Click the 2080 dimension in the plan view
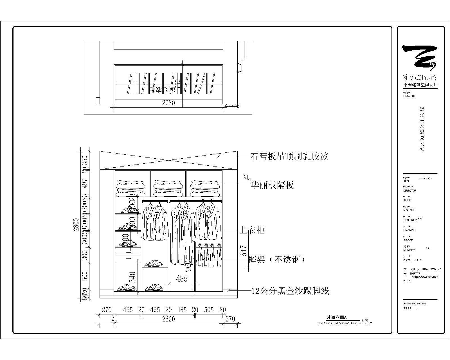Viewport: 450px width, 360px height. point(168,103)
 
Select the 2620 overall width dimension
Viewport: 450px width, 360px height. point(168,319)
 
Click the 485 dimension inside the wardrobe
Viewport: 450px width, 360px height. point(182,279)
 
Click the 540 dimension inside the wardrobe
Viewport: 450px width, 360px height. point(132,277)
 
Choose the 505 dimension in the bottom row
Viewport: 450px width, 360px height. point(209,310)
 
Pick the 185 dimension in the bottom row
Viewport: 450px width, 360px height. point(182,310)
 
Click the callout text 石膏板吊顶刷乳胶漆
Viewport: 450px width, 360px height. point(289,156)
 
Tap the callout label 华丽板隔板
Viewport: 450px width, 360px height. point(272,185)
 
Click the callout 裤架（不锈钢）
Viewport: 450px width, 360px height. point(277,259)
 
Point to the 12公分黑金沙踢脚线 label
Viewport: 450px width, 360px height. point(290,291)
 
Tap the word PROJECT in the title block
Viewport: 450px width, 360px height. point(409,96)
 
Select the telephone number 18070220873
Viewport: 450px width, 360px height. point(430,269)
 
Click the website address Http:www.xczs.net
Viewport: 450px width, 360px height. point(424,277)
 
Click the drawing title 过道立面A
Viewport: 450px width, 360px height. point(336,317)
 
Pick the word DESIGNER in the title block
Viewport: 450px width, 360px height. point(410,220)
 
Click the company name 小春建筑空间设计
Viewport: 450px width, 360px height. point(420,85)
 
